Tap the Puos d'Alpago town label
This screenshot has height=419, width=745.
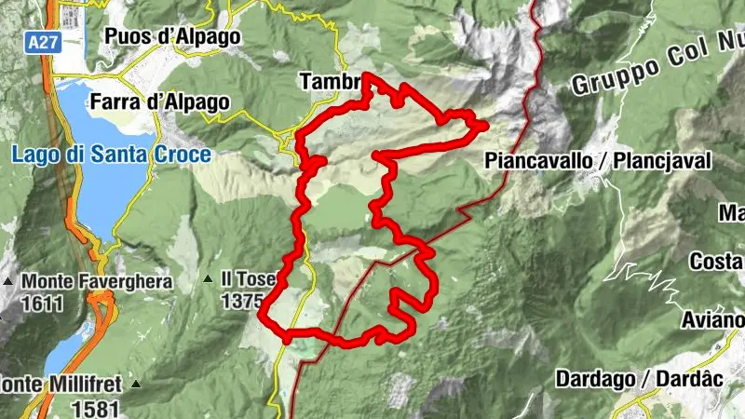pos(172,36)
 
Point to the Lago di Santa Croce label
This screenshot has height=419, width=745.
pos(112,155)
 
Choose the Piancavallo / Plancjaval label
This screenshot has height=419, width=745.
pos(598,161)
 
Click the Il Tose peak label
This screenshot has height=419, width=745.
pos(248,278)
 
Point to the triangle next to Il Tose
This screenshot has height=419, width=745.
pos(208,279)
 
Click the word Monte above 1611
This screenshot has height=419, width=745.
pos(45,280)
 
